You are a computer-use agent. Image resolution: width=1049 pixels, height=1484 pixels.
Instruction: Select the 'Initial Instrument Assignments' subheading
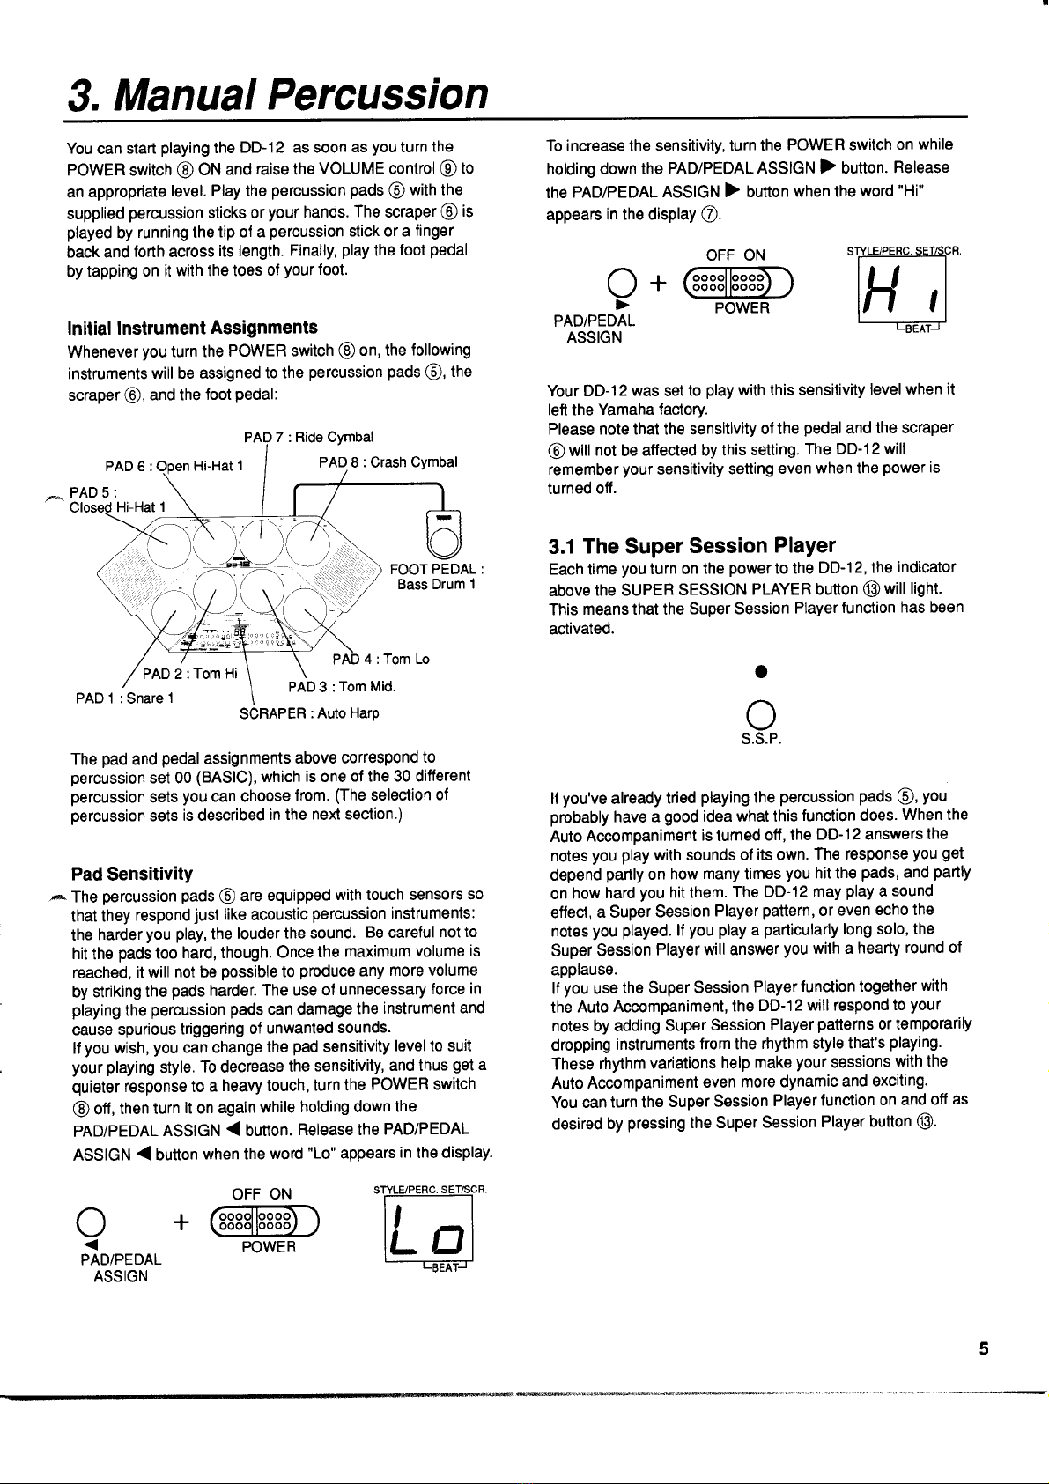coord(193,328)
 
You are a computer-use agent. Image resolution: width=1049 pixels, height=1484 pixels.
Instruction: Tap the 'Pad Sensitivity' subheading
coord(132,874)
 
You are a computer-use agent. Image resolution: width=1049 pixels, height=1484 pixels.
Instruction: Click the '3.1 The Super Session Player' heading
coord(691,545)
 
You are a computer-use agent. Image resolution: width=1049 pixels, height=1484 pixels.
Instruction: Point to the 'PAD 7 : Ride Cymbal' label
coord(308,437)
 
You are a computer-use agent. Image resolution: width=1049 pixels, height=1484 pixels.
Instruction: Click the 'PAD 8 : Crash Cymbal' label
coord(388,461)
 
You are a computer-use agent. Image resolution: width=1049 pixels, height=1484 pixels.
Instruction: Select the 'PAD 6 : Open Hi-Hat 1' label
coord(174,465)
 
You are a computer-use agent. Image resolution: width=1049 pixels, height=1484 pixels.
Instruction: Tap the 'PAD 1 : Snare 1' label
coord(124,698)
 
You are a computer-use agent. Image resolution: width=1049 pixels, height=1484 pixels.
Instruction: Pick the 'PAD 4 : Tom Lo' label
coord(380,659)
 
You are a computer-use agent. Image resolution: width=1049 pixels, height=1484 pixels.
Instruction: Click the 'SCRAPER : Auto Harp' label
coord(309,712)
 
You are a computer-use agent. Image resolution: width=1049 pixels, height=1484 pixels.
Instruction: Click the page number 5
coord(984,1348)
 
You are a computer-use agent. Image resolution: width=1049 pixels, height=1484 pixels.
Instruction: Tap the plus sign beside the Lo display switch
coord(181,1222)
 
